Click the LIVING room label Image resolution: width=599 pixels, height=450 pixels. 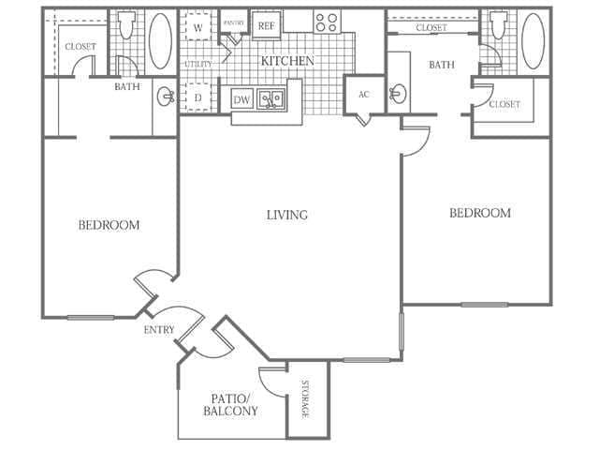(x=286, y=215)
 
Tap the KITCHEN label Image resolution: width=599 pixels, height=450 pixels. (x=286, y=61)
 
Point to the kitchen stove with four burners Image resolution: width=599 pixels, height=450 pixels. (x=327, y=22)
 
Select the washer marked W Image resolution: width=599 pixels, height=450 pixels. (x=198, y=28)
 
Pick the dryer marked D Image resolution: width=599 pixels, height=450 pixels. (x=198, y=97)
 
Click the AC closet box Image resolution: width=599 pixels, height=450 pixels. (x=364, y=95)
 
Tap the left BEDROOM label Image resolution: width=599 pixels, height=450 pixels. (x=109, y=225)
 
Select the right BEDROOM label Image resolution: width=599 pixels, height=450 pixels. (x=480, y=213)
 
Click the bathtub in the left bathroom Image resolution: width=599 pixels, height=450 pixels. (x=161, y=41)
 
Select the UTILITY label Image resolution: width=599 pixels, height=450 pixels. (x=197, y=64)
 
